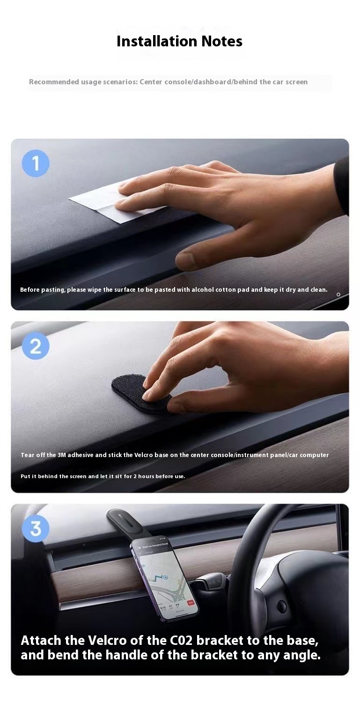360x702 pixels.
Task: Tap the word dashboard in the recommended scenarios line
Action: point(212,82)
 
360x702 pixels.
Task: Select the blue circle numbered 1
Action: point(36,163)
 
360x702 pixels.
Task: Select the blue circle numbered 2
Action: point(36,346)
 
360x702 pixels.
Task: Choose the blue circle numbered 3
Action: point(36,528)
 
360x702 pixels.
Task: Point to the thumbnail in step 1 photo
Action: point(184,260)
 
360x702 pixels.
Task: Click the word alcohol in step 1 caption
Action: point(202,289)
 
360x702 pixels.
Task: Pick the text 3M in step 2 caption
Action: point(62,455)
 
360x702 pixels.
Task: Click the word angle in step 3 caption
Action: point(302,655)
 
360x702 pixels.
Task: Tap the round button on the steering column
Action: point(281,606)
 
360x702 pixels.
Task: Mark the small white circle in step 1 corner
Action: point(338,295)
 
